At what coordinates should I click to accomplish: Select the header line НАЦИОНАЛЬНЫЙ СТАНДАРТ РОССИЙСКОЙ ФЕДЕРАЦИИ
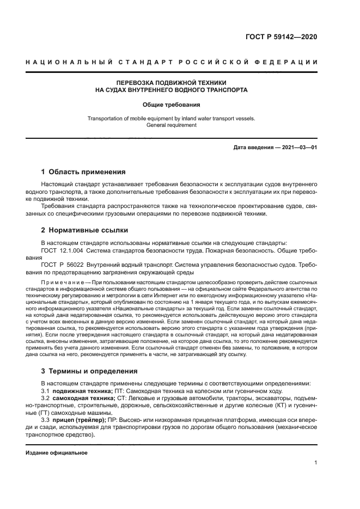[x=172, y=63]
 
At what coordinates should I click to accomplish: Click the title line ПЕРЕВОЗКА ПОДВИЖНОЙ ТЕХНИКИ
[x=171, y=82]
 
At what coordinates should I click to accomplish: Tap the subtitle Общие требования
[x=171, y=104]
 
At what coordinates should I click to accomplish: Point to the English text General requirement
[x=171, y=125]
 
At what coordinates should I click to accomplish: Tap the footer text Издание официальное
[x=56, y=453]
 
